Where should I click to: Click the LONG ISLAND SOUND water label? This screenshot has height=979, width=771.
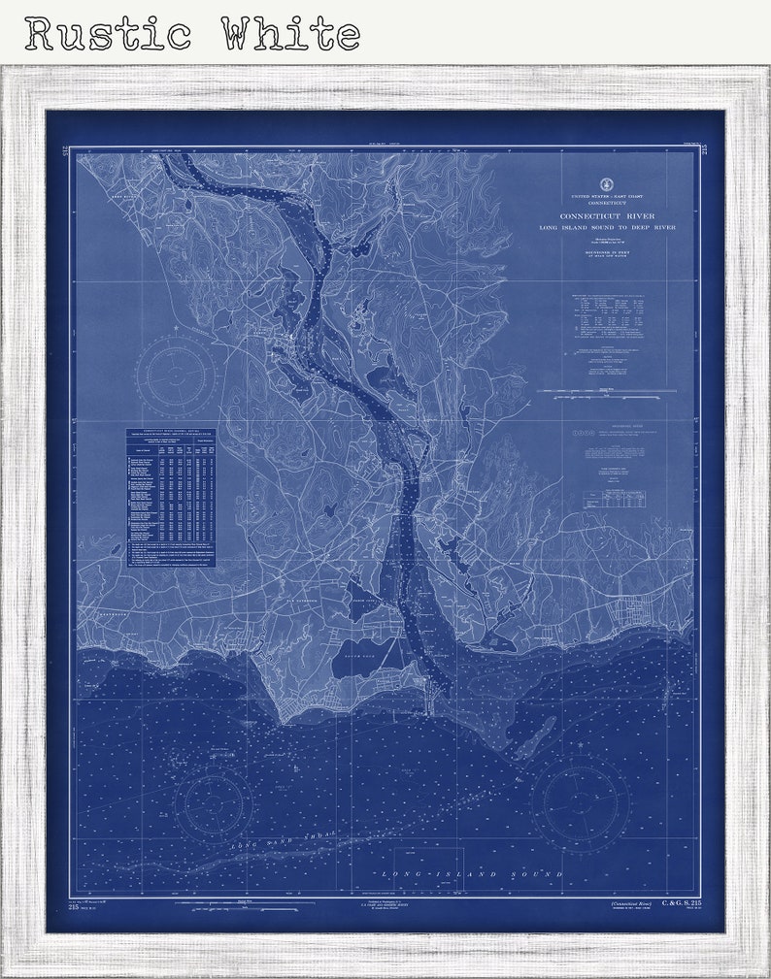pos(472,875)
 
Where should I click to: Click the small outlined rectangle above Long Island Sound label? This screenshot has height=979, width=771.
pos(428,859)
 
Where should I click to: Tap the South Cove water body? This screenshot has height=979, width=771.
pos(361,662)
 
